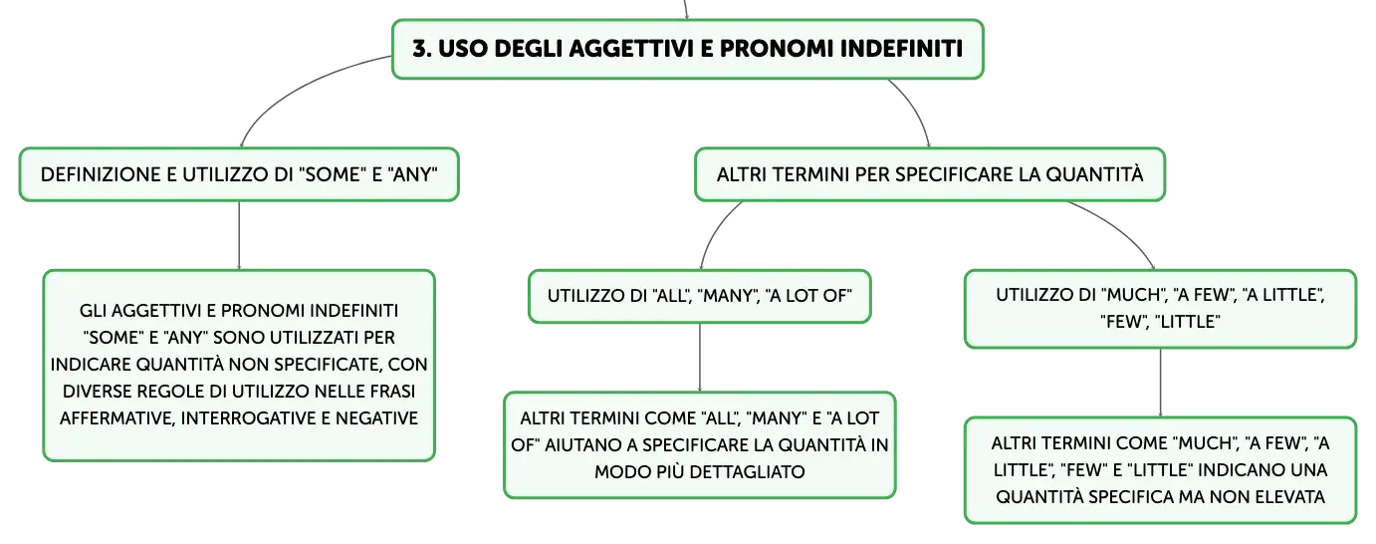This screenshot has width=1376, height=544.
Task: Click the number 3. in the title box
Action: [422, 49]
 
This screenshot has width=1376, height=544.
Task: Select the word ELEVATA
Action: [1289, 496]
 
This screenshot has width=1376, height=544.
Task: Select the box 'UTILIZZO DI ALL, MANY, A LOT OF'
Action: [700, 296]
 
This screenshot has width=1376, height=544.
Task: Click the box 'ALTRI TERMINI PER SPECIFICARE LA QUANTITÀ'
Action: [930, 174]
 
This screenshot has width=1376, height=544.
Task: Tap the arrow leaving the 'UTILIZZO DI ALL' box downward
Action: [700, 357]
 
